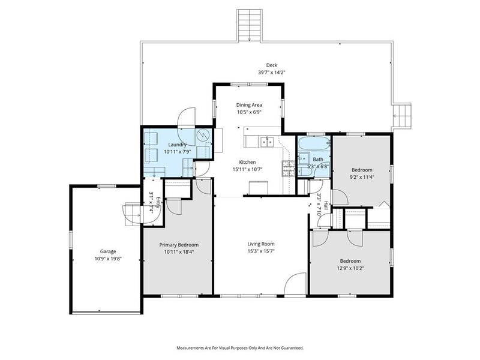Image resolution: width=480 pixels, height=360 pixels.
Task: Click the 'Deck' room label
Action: pyautogui.click(x=272, y=65)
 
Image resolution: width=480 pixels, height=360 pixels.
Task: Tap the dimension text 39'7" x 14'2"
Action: pyautogui.click(x=272, y=72)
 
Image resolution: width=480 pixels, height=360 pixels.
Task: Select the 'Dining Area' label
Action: pyautogui.click(x=248, y=105)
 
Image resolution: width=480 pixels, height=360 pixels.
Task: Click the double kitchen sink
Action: pyautogui.click(x=266, y=142)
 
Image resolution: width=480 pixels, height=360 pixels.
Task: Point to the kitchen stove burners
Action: pyautogui.click(x=288, y=168)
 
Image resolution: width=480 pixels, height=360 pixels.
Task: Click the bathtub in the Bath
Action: pyautogui.click(x=314, y=144)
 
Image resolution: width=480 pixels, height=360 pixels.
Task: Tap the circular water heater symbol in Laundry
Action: pyautogui.click(x=203, y=135)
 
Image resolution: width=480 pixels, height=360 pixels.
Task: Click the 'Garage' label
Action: pyautogui.click(x=108, y=251)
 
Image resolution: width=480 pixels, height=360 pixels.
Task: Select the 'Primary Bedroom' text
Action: pyautogui.click(x=179, y=245)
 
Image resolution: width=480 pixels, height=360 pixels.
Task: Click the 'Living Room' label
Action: pyautogui.click(x=261, y=244)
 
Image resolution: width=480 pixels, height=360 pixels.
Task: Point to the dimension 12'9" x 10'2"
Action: pyautogui.click(x=350, y=268)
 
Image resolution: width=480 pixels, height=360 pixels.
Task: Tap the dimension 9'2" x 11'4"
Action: pyautogui.click(x=362, y=177)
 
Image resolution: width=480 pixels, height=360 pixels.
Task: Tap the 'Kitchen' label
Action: pyautogui.click(x=248, y=162)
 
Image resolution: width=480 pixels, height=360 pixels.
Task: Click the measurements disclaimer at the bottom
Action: pyautogui.click(x=239, y=347)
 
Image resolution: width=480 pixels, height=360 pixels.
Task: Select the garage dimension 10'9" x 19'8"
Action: pyautogui.click(x=108, y=259)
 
